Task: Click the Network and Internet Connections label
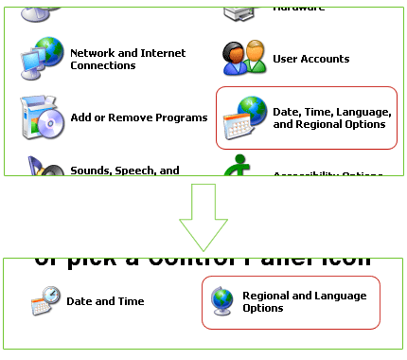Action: (128, 60)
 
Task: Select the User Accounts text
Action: (310, 59)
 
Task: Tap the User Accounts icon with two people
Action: (244, 58)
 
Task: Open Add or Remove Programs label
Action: (138, 117)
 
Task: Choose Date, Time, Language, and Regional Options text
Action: (328, 117)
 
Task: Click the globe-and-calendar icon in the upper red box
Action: (243, 118)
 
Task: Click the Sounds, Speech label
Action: (124, 171)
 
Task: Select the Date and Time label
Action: (105, 301)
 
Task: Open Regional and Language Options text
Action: (304, 302)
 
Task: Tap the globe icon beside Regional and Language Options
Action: (222, 302)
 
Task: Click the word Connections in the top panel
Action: (102, 65)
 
